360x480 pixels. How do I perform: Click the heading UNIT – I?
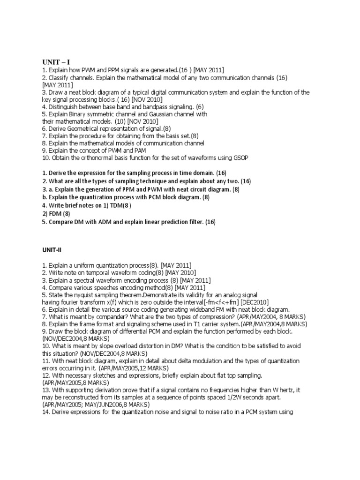pos(56,61)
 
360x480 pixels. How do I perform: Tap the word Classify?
pos(60,77)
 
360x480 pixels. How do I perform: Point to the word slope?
pos(97,346)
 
